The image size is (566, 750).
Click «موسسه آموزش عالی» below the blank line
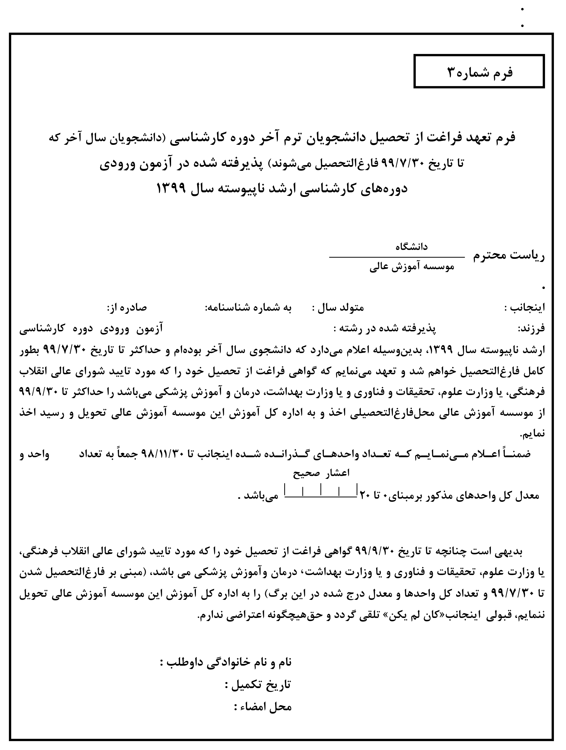point(412,268)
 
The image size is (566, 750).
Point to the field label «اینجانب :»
point(525,308)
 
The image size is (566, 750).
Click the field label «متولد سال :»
point(338,308)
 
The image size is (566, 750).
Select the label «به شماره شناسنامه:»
point(248,308)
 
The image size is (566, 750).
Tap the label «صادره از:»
point(127,308)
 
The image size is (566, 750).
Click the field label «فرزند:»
point(531,328)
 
